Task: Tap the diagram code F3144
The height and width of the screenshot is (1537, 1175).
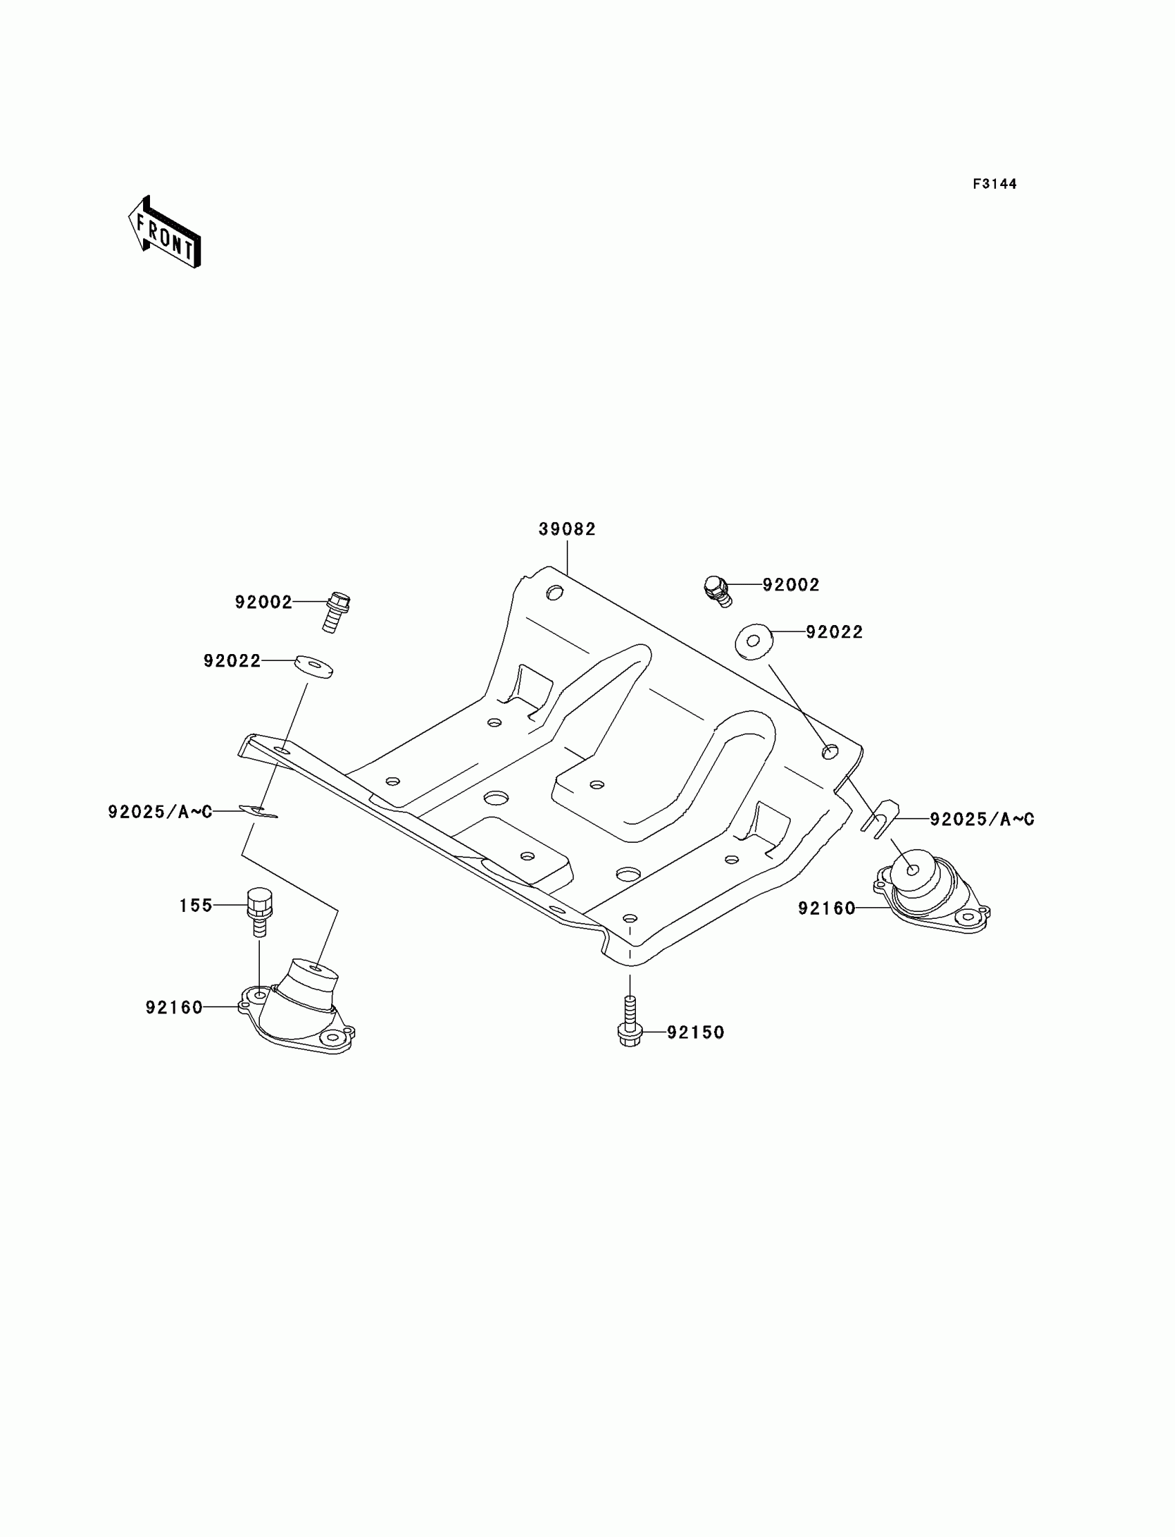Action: tap(995, 184)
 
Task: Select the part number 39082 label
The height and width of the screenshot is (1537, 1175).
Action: tap(567, 530)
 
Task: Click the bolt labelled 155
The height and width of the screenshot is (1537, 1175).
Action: tap(258, 912)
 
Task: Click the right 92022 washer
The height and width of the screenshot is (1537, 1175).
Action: tap(754, 641)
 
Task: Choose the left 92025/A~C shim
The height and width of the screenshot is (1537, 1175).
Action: tap(258, 812)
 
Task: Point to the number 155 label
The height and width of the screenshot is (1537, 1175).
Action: tap(196, 906)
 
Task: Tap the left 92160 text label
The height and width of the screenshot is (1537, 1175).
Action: tap(174, 1007)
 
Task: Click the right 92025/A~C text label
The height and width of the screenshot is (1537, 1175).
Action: tap(982, 819)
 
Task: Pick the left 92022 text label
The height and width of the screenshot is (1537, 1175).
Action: tap(232, 661)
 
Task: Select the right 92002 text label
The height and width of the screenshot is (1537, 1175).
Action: tap(791, 585)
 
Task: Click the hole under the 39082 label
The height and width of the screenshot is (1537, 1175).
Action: tap(554, 593)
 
